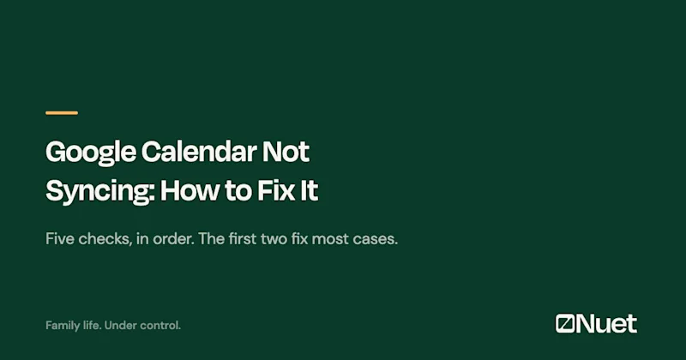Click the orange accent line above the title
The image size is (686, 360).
(x=62, y=113)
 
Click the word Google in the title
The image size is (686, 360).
(x=91, y=153)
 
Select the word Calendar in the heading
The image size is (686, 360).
(x=199, y=152)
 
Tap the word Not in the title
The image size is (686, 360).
(x=286, y=152)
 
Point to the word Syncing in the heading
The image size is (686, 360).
(x=99, y=192)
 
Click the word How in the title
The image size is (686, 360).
(x=190, y=190)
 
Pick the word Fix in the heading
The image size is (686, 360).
(x=275, y=190)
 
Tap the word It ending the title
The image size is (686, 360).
(x=309, y=190)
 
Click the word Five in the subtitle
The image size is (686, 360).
(x=60, y=239)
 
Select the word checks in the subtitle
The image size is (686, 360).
(x=105, y=239)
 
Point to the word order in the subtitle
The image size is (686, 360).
(x=173, y=239)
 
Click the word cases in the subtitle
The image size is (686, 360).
(x=375, y=240)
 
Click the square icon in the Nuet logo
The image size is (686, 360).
(x=565, y=324)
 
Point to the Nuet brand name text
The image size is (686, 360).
(x=606, y=324)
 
